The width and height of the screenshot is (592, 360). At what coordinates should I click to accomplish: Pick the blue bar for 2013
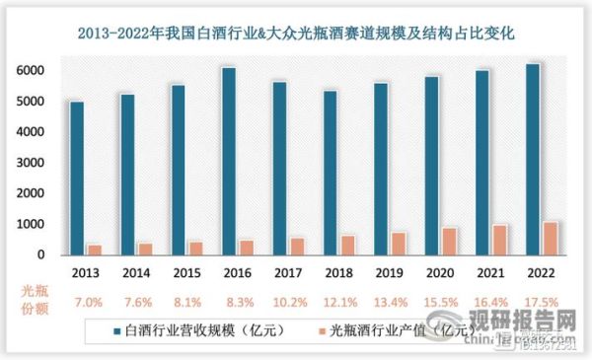[77, 178]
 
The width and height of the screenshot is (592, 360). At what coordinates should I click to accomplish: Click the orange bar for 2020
[449, 241]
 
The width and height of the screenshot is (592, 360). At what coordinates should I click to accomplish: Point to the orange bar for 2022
[550, 238]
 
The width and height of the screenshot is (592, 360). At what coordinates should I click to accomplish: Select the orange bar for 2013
[95, 250]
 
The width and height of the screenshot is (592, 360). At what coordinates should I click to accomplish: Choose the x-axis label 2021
[490, 270]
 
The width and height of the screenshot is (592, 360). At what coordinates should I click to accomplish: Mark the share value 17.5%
[541, 300]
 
